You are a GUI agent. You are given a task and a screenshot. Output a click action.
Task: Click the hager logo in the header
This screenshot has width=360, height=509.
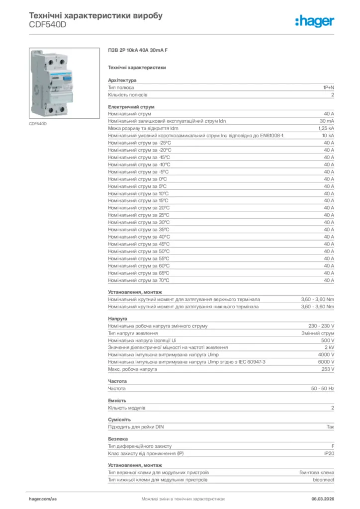point(315,20)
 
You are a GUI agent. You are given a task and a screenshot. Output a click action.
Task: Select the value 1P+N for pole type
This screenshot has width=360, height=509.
point(329,87)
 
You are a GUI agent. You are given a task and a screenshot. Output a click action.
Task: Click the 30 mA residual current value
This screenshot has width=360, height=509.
point(327,121)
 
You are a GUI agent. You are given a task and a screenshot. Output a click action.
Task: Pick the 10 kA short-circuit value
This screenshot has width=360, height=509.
point(328,135)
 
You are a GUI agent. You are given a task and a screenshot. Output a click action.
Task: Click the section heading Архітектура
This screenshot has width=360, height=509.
point(122,80)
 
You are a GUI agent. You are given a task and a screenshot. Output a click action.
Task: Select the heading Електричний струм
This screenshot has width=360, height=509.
point(131,106)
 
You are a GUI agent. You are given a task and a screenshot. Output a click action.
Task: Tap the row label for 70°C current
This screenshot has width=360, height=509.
point(139,280)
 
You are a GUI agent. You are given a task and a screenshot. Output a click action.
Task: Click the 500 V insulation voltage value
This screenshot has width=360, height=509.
point(327,340)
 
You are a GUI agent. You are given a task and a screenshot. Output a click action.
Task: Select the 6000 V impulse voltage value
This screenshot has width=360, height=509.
point(326,362)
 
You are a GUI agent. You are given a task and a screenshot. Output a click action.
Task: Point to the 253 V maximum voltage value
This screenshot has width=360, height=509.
point(327,369)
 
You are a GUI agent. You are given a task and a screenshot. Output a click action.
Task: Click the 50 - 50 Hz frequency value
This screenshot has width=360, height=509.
point(323,388)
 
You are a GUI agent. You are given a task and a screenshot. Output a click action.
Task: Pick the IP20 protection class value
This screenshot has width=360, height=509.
point(329,453)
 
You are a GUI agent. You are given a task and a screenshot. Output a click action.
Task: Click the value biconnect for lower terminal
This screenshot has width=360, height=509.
point(323,480)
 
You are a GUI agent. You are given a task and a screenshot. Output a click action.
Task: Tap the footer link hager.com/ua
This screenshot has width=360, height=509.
point(43,499)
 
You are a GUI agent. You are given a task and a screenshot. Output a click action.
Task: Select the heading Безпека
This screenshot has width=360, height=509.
point(118,439)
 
